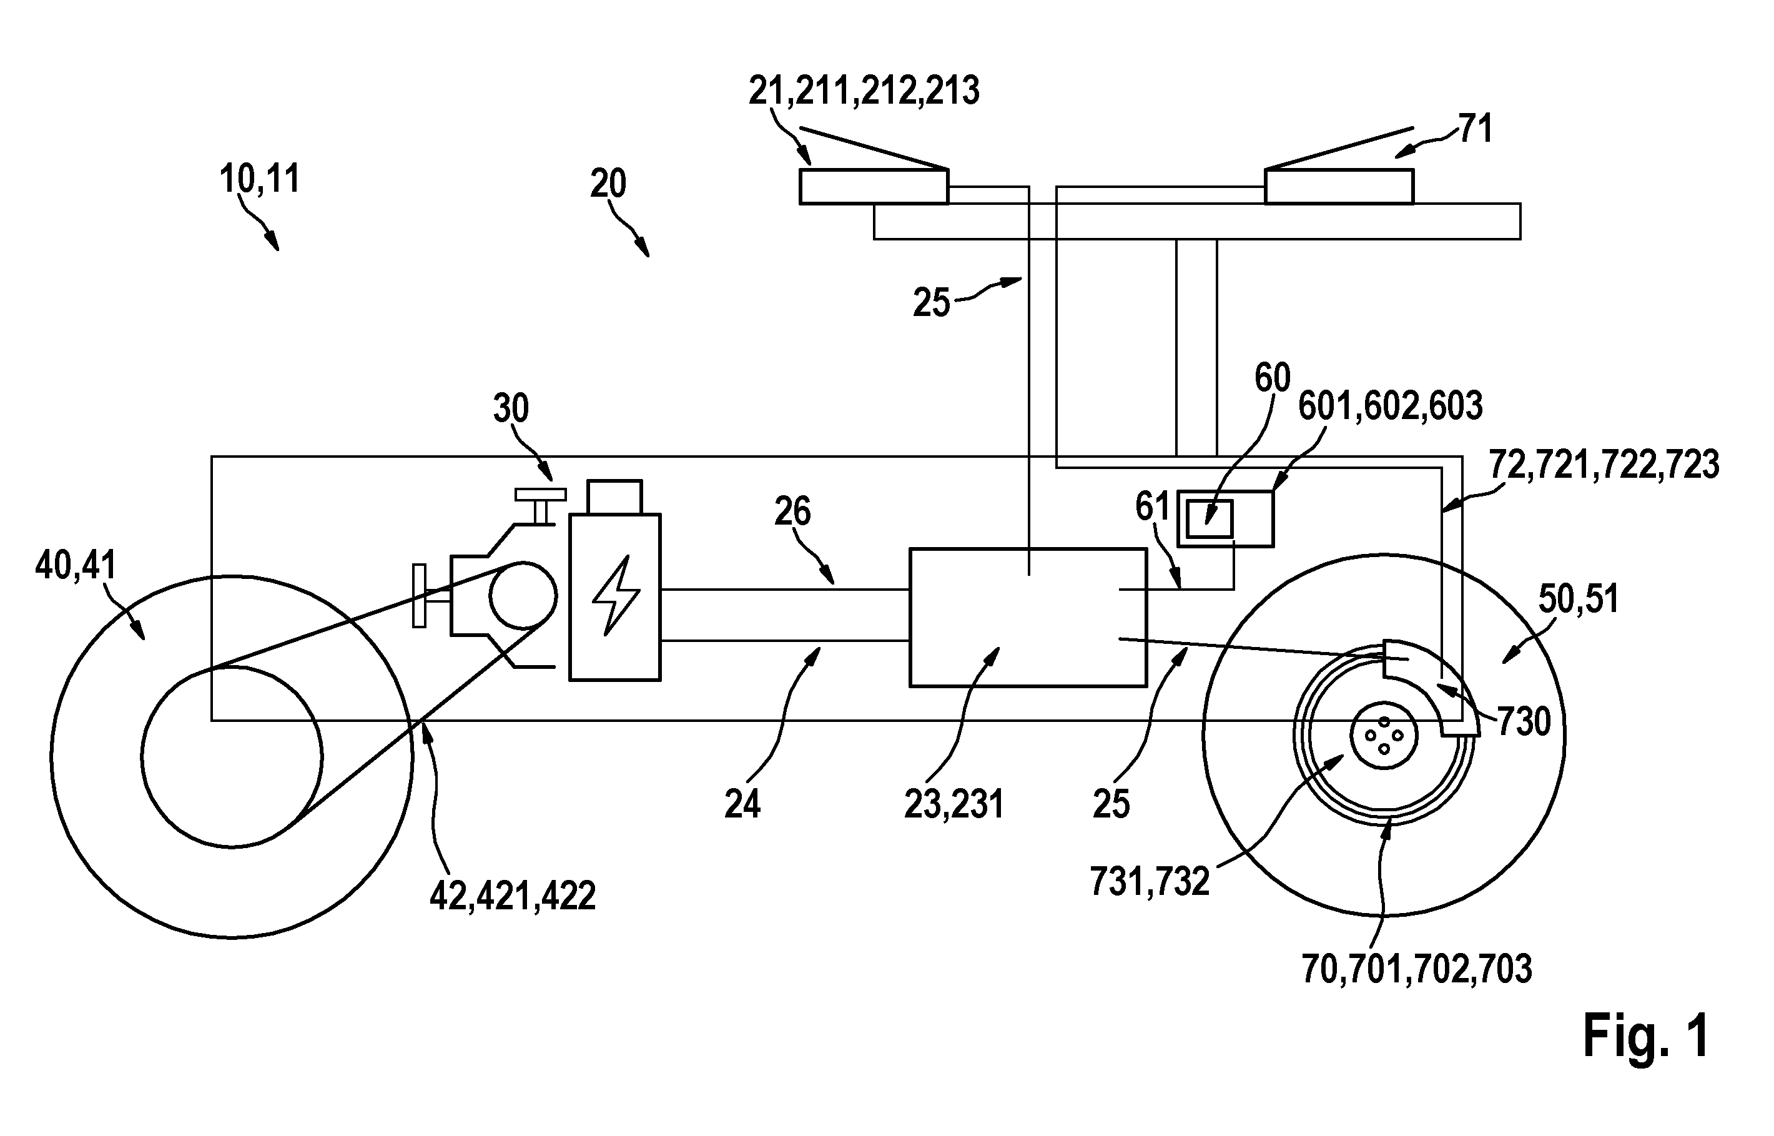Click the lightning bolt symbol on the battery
click(616, 595)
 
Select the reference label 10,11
click(260, 179)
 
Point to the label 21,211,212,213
click(864, 91)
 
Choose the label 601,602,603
click(1391, 407)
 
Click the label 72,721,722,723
click(1604, 465)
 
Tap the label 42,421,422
click(513, 897)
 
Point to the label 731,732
click(1150, 881)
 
